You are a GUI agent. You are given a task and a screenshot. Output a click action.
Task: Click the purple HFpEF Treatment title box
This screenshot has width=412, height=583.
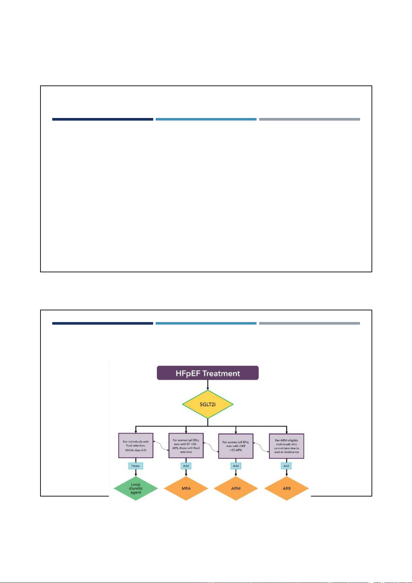pos(208,373)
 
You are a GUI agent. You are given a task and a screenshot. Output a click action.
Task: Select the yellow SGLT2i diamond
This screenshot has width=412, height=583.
pos(208,404)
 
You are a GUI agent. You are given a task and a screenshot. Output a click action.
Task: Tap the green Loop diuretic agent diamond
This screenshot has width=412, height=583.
pos(136,488)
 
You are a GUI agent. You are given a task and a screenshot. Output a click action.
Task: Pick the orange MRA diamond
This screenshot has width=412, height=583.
pos(186,488)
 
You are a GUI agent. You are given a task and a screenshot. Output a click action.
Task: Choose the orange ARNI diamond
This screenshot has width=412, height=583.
pos(236,488)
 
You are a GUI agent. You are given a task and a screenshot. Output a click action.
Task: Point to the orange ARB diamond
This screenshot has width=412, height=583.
pos(286,488)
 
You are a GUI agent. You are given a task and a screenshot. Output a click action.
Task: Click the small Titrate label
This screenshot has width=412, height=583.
pos(136,466)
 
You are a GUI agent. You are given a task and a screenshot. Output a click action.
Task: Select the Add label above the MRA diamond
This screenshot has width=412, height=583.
pos(186,466)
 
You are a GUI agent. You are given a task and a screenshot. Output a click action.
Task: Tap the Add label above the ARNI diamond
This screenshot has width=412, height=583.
pos(236,466)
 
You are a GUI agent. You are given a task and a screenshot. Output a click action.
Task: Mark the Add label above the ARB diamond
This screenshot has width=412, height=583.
pos(286,466)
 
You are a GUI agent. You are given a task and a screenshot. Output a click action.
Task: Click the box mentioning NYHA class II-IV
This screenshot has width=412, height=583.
pos(136,446)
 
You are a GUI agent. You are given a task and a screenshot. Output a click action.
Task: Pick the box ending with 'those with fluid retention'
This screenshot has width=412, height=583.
pos(186,446)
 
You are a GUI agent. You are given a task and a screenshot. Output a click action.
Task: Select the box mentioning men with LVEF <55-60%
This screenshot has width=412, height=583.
pos(236,446)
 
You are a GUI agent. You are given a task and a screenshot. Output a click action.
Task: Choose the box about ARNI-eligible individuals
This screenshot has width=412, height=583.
pos(286,446)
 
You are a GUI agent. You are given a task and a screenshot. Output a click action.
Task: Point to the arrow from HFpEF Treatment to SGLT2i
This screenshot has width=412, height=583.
pos(208,385)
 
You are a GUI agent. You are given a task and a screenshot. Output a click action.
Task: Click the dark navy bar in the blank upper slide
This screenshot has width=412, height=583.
pos(102,119)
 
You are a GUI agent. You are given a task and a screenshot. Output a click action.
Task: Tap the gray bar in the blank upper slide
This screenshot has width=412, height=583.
pos(309,119)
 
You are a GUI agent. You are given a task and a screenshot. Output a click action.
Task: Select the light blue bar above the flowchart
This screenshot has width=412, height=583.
pos(206,324)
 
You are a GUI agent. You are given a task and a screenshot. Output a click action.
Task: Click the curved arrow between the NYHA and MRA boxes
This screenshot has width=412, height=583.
pos(161,446)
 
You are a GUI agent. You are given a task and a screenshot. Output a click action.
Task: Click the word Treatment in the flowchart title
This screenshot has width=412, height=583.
pos(221,373)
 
